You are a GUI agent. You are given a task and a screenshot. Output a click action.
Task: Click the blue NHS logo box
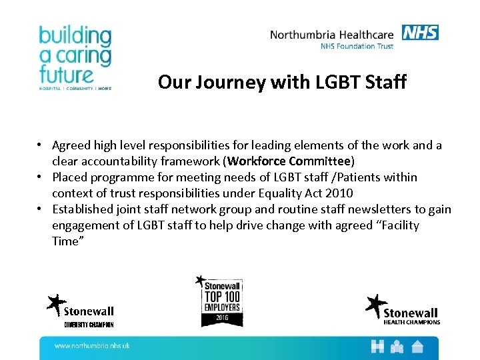(x=420, y=32)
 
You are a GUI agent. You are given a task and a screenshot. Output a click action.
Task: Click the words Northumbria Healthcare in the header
(x=333, y=35)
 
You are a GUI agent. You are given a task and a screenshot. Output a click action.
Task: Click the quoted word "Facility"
(x=395, y=225)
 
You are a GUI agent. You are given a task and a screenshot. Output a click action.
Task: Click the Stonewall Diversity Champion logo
(x=81, y=311)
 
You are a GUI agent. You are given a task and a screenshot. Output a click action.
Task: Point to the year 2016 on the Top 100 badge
(x=222, y=317)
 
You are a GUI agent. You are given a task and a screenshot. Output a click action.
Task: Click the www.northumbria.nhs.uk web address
(x=91, y=345)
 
